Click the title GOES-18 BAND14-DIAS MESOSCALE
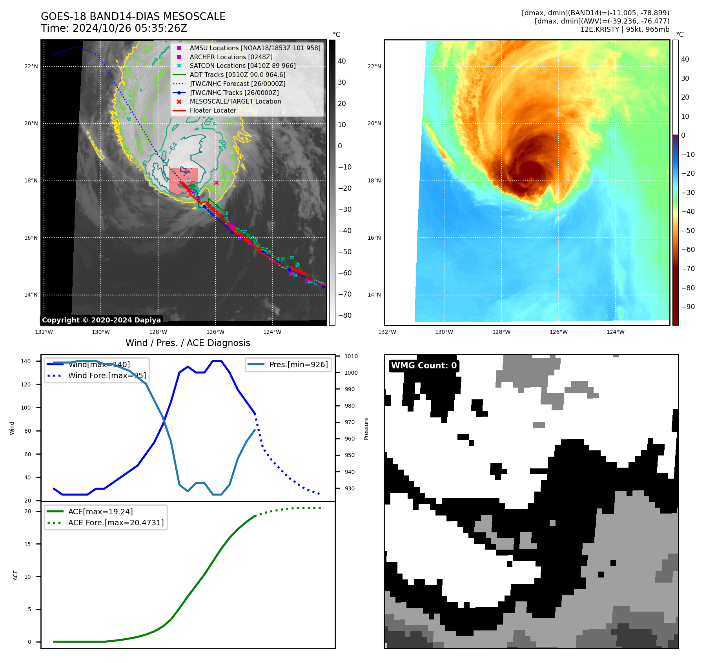point(133,16)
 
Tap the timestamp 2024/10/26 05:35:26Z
point(130,29)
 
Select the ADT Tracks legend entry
point(237,75)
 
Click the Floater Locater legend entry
point(213,111)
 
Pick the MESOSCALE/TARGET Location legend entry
point(235,102)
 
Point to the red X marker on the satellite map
point(216,182)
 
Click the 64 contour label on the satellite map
point(174,147)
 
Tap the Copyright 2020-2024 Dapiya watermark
point(101,320)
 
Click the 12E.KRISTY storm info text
point(625,29)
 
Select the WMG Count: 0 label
point(424,366)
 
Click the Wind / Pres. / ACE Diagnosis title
point(188,343)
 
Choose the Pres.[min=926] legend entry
point(298,364)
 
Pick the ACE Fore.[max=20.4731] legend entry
point(116,523)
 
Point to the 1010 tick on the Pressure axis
point(351,356)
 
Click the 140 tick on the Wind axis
point(26,361)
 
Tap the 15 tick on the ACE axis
point(27,544)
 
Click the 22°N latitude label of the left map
point(31,67)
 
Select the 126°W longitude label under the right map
point(558,332)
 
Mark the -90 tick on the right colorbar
point(688,307)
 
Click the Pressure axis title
point(366,428)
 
